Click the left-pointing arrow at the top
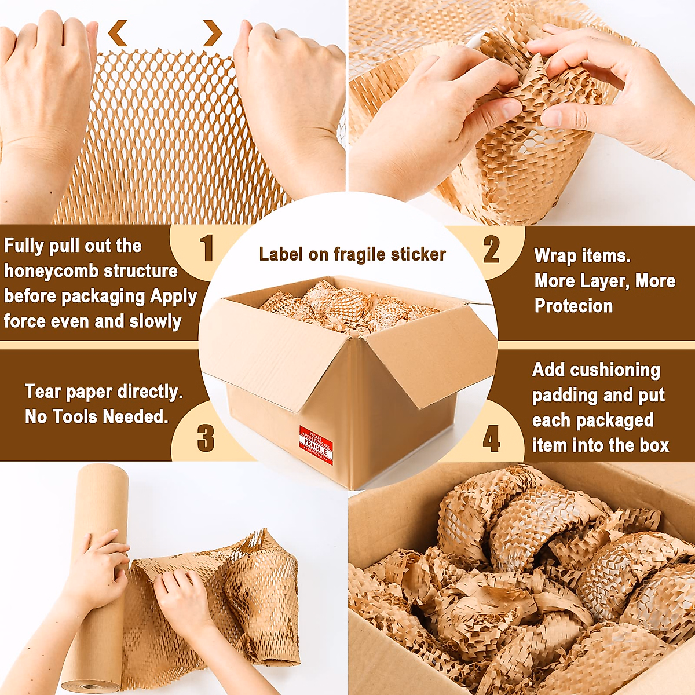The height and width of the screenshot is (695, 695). point(118,33)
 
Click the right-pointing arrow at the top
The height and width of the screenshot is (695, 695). point(213,33)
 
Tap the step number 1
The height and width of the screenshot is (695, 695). point(207,249)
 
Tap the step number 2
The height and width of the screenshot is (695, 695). point(491,250)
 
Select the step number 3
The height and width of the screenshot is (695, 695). point(206,438)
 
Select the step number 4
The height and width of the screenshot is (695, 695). point(491,438)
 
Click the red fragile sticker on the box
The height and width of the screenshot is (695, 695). point(316,445)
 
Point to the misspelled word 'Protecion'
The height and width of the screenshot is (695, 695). point(573,306)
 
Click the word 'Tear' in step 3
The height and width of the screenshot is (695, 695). point(43,392)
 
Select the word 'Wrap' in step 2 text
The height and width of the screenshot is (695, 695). point(554,256)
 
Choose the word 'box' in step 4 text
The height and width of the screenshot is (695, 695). point(654,445)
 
